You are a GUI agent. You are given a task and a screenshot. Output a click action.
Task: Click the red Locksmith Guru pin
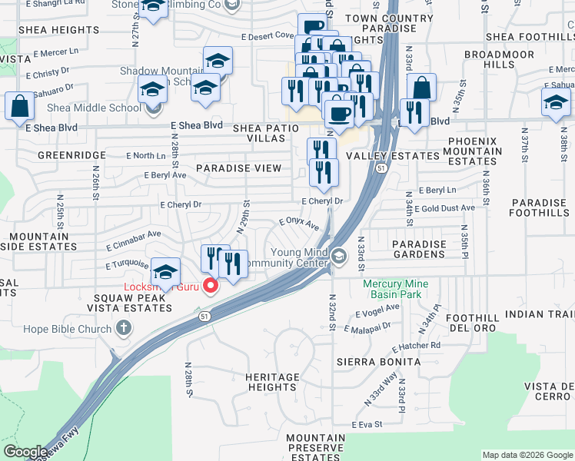tap(210, 287)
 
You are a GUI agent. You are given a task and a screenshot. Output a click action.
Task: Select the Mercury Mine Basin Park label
tap(396, 289)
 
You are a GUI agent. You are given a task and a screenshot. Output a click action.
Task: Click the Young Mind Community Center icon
tap(339, 254)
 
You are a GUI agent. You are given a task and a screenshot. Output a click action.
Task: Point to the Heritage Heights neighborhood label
tap(272, 382)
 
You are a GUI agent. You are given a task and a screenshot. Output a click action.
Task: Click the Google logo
tap(25, 452)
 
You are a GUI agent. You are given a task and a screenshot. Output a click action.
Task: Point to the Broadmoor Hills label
tap(499, 60)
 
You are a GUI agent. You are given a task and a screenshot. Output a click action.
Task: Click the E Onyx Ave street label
tap(299, 223)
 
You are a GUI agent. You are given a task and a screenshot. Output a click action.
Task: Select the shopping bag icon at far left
tap(19, 107)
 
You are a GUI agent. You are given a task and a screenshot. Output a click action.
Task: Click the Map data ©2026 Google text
tap(527, 455)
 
